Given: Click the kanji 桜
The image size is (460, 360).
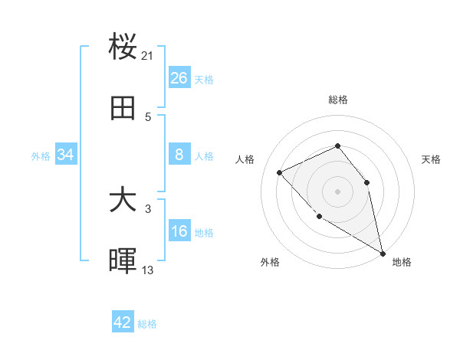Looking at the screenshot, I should click(123, 47).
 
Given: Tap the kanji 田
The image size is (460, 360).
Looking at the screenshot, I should click(123, 110).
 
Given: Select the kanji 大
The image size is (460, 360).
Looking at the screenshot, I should click(123, 201).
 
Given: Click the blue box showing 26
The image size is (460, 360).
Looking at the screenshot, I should click(179, 78).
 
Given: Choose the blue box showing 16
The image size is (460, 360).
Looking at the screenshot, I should click(179, 232).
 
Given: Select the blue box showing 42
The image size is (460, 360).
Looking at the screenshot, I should click(123, 322).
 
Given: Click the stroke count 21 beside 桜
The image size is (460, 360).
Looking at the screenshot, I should click(148, 56).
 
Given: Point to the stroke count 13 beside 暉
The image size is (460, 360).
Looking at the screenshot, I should click(148, 270).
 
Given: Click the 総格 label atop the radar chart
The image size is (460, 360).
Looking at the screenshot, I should click(337, 100).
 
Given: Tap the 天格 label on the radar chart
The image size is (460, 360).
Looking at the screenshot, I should click(431, 159).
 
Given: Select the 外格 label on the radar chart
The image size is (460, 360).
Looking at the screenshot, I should click(270, 262).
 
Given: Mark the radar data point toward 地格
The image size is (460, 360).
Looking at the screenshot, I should click(383, 253).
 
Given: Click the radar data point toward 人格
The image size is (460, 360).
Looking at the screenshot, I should click(280, 172).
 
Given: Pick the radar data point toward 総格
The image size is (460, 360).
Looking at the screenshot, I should click(337, 146).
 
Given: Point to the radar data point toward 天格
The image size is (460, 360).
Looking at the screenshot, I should click(366, 182).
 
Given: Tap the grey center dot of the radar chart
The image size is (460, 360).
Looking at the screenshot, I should click(337, 191).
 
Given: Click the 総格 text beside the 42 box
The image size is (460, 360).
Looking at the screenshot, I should click(147, 324).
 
